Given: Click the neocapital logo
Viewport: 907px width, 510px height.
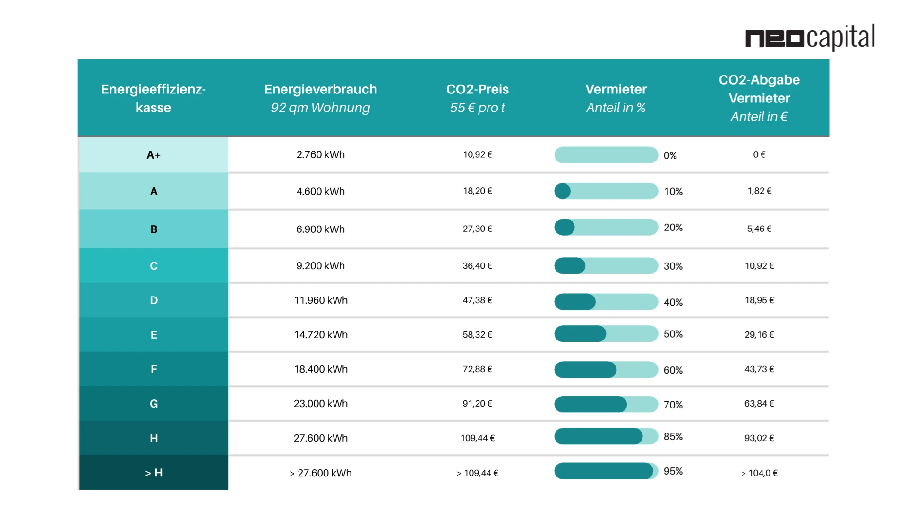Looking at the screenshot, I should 810,37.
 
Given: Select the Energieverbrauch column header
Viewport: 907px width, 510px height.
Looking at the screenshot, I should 320,89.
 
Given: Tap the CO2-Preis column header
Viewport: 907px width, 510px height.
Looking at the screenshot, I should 477,89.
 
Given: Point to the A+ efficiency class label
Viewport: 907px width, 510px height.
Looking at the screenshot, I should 154,155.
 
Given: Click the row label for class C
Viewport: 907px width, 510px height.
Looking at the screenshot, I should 154,266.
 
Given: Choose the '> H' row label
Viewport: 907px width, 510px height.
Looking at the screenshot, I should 154,473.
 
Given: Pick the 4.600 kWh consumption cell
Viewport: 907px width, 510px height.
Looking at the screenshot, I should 320,191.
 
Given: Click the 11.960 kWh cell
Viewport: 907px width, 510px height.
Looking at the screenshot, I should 320,300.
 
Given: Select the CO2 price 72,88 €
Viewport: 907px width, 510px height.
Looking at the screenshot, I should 477,369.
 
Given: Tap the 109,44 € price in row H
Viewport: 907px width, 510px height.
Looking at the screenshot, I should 478,438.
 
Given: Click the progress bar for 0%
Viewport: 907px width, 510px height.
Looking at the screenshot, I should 606,155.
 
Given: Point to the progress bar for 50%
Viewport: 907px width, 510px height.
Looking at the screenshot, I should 606,334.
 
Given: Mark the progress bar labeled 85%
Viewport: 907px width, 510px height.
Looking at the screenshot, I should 606,436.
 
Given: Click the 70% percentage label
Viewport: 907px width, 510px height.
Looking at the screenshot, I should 673,405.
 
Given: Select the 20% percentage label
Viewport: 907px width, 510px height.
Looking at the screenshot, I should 673,228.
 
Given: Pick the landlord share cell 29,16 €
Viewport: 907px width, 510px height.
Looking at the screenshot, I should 759,335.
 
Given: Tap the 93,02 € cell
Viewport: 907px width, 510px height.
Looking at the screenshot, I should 759,438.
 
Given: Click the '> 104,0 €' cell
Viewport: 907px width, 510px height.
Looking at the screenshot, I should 759,473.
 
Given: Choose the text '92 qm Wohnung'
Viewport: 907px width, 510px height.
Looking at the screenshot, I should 320,108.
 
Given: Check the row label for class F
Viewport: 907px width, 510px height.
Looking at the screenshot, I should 154,369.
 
